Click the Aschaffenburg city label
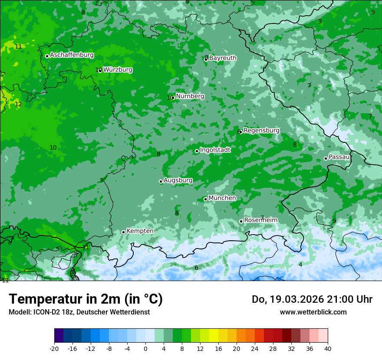point(72,55)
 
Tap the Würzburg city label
point(118,70)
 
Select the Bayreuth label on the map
point(223,58)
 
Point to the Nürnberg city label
point(190,96)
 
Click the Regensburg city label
point(261,131)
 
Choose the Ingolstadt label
point(215,150)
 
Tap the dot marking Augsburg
point(161,181)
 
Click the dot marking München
point(205,199)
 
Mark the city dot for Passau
point(326,158)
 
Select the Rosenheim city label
point(260,220)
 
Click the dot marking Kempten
point(123,232)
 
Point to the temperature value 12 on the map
point(18,105)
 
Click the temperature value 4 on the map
point(300,265)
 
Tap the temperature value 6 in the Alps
point(196,268)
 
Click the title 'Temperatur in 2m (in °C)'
point(86,299)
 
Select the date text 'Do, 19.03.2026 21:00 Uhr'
point(312,299)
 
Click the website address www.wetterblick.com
point(313,312)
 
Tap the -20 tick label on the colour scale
point(54,349)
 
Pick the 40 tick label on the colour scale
point(327,349)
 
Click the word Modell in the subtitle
point(19,312)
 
